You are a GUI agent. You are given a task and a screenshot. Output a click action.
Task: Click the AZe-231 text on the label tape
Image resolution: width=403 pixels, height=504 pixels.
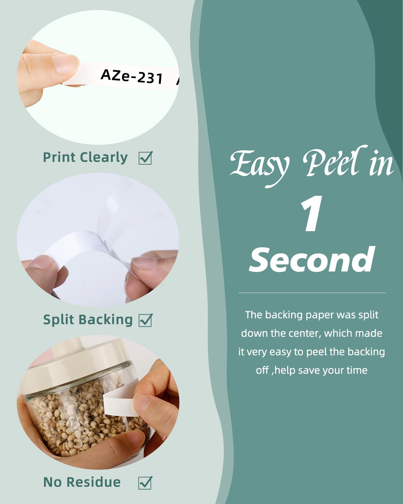point(132,77)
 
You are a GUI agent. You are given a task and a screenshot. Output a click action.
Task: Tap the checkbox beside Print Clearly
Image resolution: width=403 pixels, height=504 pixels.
point(145,158)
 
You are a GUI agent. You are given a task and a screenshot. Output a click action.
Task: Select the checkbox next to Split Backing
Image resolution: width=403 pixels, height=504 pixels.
point(145,320)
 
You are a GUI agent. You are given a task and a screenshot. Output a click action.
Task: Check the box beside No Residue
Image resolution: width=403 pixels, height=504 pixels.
point(145,482)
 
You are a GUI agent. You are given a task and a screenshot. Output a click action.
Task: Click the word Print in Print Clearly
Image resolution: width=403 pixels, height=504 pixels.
point(59,157)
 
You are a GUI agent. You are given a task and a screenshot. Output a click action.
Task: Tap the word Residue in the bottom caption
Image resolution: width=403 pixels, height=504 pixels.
point(94,482)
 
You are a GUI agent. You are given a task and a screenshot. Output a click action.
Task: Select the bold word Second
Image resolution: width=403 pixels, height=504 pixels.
point(312,260)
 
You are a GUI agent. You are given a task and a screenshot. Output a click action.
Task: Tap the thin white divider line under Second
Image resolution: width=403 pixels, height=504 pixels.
point(312,293)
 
